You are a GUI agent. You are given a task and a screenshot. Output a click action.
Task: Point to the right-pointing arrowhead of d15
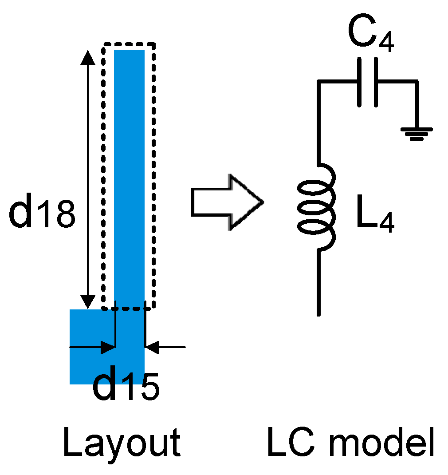(x=108, y=348)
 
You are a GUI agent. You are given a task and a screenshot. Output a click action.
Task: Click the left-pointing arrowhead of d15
(x=152, y=348)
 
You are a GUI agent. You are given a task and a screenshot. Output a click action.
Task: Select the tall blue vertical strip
(x=129, y=178)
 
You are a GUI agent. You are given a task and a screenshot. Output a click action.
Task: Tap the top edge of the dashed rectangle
(x=129, y=44)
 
